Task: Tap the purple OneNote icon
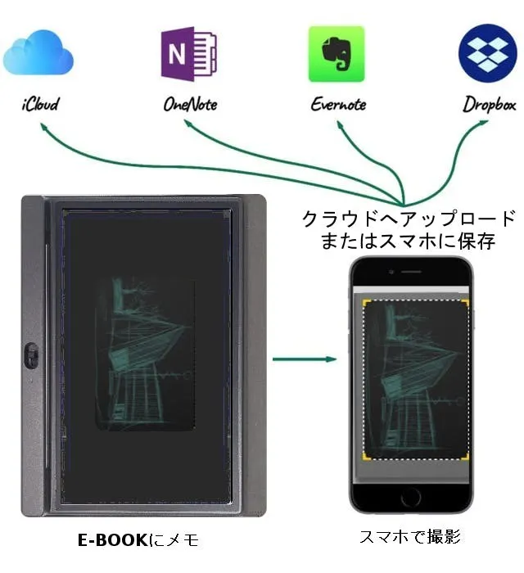(x=188, y=54)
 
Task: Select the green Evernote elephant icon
(x=336, y=54)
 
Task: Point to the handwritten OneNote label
(x=190, y=105)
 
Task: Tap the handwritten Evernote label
(x=338, y=105)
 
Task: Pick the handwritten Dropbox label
(x=489, y=105)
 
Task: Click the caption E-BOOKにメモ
(x=138, y=540)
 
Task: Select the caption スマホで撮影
(x=410, y=538)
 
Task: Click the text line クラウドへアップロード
(x=409, y=219)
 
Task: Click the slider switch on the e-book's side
(x=30, y=358)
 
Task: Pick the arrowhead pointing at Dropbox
(x=485, y=123)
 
